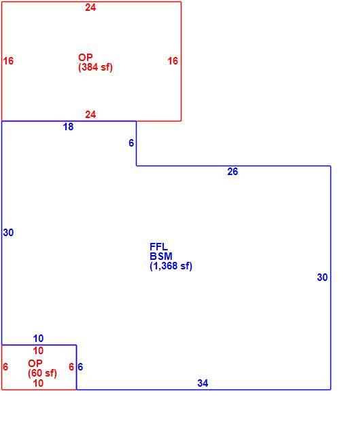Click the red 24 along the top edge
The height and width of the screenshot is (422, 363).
(90, 7)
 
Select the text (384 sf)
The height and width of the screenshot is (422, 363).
(95, 67)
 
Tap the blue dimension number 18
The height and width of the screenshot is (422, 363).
(68, 127)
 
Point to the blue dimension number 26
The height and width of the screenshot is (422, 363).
(232, 172)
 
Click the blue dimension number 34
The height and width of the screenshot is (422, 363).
(203, 383)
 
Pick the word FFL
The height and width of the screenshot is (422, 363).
(159, 246)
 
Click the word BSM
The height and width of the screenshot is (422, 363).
(161, 256)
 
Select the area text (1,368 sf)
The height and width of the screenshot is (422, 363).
(171, 266)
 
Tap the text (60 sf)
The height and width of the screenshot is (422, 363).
(42, 373)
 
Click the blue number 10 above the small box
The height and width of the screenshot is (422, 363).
(38, 339)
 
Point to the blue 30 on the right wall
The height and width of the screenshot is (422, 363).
(322, 277)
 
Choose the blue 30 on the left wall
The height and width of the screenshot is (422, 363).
(8, 233)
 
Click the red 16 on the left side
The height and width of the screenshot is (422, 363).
(8, 61)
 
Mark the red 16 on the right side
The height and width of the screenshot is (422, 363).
(173, 61)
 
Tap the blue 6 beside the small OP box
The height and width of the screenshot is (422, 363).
(80, 367)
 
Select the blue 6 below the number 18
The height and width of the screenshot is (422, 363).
(131, 143)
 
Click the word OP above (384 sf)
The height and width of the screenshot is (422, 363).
(86, 57)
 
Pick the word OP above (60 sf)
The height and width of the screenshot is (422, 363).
(35, 364)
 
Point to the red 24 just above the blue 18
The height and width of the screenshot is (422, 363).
(90, 115)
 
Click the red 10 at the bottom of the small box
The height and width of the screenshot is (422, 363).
(38, 383)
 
